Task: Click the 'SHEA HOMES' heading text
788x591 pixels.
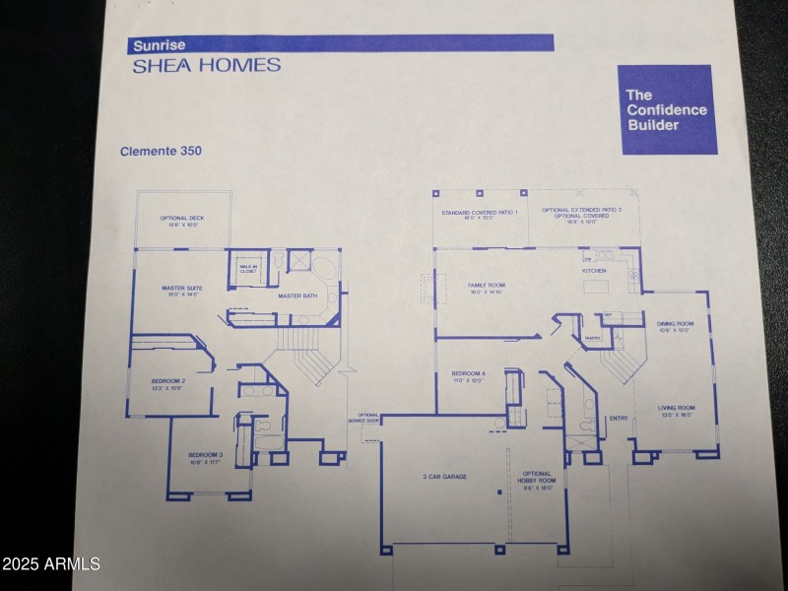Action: tap(206, 66)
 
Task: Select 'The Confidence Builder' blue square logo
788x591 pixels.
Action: tap(665, 109)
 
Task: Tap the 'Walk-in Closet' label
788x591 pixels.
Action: tap(248, 268)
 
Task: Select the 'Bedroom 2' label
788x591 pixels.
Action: tap(167, 383)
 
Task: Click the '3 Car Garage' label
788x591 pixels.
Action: tap(444, 477)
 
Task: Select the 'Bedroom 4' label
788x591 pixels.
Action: tap(468, 375)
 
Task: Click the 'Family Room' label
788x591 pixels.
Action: tap(485, 288)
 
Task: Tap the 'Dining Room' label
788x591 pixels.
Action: tap(675, 326)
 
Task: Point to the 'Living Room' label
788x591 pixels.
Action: tap(677, 410)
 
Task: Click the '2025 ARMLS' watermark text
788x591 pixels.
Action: tap(51, 564)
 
